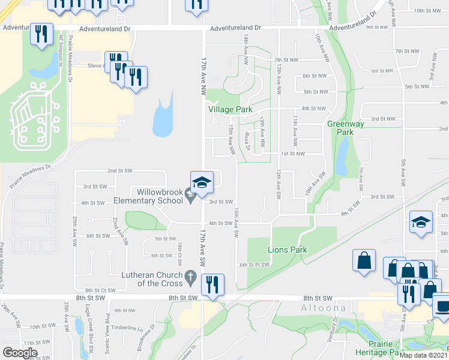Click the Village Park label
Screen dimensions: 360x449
click(230, 110)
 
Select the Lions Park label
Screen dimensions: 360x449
click(287, 250)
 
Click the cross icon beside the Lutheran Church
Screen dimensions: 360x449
click(191, 277)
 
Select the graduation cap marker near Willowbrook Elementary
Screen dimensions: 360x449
click(202, 182)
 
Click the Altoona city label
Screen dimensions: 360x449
click(323, 308)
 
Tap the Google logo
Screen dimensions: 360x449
click(20, 353)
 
